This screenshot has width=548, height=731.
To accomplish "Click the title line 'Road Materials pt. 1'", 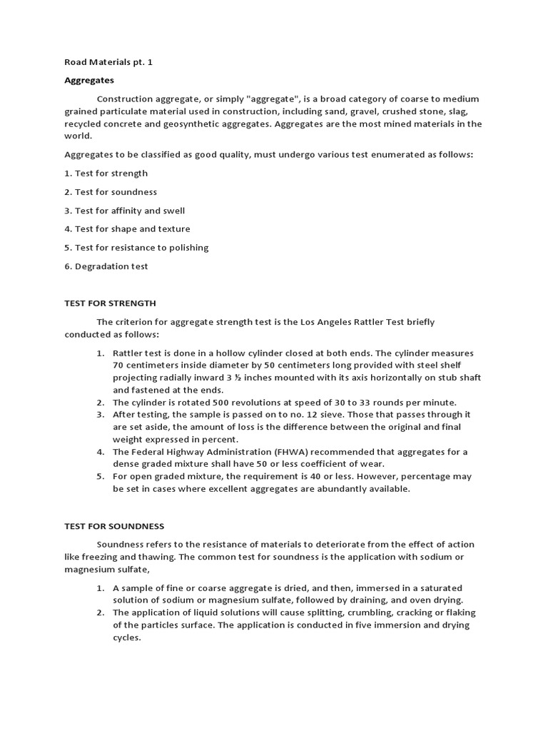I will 108,62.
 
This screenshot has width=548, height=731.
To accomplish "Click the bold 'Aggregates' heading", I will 89,80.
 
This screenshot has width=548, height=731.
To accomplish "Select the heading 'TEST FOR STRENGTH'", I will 110,303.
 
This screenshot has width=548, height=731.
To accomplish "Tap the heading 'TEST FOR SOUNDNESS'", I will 114,526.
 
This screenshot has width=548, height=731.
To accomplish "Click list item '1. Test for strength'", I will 106,173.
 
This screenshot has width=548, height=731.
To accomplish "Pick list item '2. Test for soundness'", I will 111,192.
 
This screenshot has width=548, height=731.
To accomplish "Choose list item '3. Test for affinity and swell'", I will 125,211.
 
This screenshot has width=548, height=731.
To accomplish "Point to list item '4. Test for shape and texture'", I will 128,229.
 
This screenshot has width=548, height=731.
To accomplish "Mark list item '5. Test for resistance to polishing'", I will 136,248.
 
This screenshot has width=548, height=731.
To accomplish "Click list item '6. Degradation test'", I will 106,266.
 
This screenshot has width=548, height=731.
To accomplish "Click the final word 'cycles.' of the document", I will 127,637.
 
